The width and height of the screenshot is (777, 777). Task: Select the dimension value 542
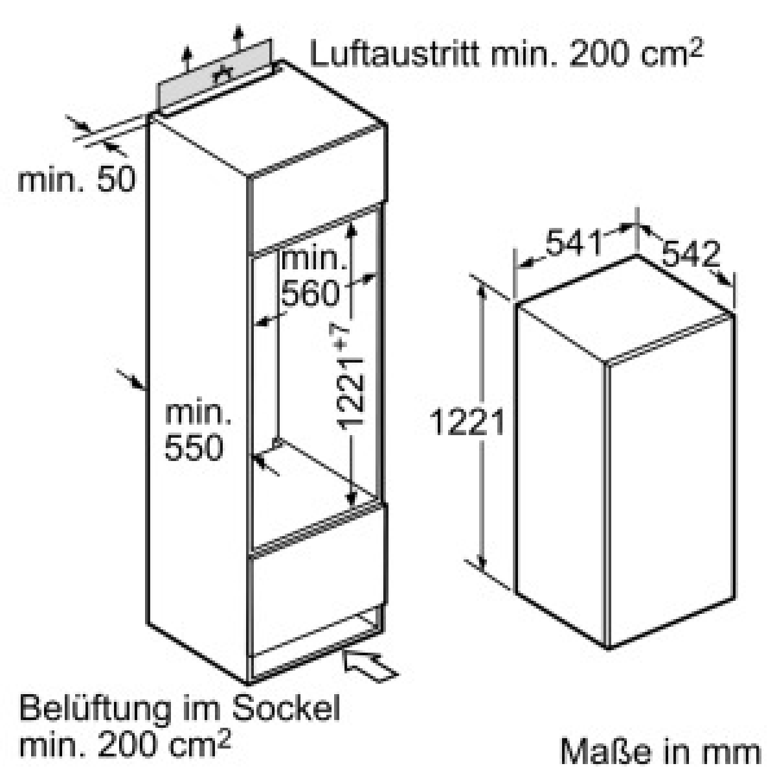pyautogui.click(x=691, y=254)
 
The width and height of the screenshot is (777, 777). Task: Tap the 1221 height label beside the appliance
pyautogui.click(x=466, y=422)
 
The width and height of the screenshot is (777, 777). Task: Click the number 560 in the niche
pyautogui.click(x=310, y=293)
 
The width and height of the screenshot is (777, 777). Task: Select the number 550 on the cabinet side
pyautogui.click(x=194, y=447)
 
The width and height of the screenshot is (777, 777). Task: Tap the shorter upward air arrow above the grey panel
pyautogui.click(x=186, y=60)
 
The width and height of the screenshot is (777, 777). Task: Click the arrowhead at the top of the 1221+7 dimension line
pyautogui.click(x=352, y=231)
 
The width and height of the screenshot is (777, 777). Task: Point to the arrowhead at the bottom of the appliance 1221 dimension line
pyautogui.click(x=482, y=562)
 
